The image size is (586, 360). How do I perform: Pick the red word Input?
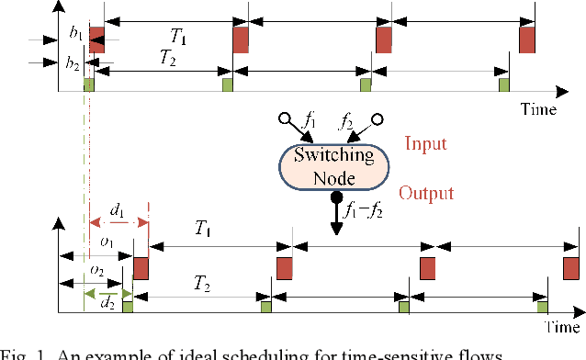coord(425,143)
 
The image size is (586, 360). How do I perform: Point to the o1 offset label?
coord(107,242)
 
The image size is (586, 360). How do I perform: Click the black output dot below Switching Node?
coord(335,197)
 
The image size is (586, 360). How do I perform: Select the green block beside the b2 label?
coord(90,84)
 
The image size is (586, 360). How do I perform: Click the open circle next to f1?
coord(285,118)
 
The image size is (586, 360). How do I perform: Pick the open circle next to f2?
coord(377,118)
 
